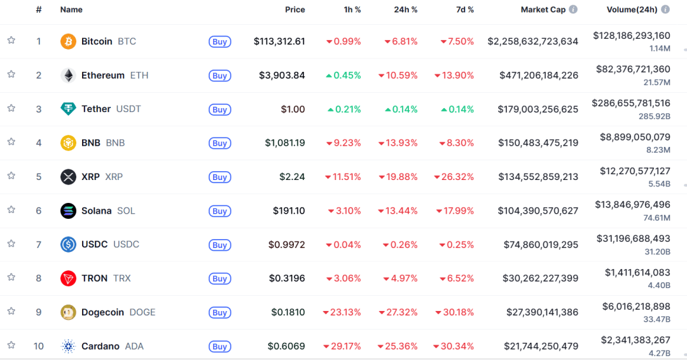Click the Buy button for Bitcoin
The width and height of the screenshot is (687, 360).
pyautogui.click(x=219, y=42)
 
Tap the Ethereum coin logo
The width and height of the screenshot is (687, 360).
pyautogui.click(x=68, y=76)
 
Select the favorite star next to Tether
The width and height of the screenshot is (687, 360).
pyautogui.click(x=11, y=108)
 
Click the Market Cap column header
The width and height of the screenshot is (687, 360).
pyautogui.click(x=543, y=10)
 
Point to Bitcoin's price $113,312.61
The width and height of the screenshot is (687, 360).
pyautogui.click(x=279, y=41)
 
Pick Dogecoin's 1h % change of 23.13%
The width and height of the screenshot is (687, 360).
pyautogui.click(x=342, y=312)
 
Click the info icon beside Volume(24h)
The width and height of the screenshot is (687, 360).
pyautogui.click(x=665, y=10)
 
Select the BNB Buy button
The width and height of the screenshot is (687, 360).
pyautogui.click(x=219, y=143)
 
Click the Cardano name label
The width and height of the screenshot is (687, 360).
pyautogui.click(x=101, y=346)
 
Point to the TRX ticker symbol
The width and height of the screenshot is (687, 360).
pyautogui.click(x=121, y=279)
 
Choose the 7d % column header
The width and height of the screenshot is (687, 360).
pyautogui.click(x=465, y=10)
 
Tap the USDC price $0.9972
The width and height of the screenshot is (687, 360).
pyautogui.click(x=286, y=244)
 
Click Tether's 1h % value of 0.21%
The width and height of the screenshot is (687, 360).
pyautogui.click(x=344, y=109)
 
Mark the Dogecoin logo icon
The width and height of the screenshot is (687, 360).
pyautogui.click(x=68, y=312)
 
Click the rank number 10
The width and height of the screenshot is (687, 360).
pyautogui.click(x=39, y=346)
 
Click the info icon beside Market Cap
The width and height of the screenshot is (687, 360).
pyautogui.click(x=573, y=10)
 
